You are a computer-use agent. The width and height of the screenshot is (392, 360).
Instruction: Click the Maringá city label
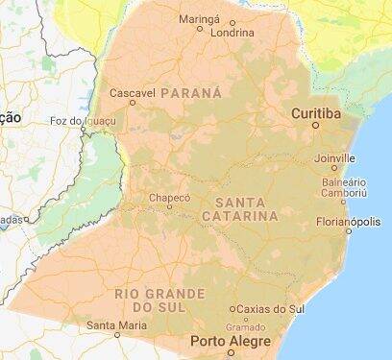200,17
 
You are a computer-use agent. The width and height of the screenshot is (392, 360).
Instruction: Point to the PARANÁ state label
192,93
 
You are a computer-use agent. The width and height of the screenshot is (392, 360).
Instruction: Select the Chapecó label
168,197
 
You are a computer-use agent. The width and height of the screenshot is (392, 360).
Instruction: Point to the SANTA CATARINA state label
240,209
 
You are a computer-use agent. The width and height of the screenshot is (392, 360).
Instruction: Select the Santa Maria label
116,325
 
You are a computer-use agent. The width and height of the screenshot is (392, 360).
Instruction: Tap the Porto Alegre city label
227,341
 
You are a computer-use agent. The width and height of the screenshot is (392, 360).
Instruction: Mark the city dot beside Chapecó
169,206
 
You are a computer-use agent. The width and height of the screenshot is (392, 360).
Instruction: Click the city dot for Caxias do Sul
232,309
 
